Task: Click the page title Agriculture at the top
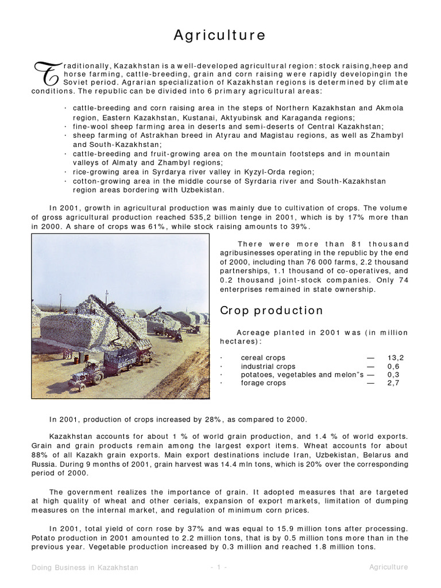point(220,36)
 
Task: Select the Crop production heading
point(272,311)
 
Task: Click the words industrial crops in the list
point(268,366)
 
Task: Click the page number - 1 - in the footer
point(220,567)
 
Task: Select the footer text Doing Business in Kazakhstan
point(85,567)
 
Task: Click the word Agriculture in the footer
point(388,567)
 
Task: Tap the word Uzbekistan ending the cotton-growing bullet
point(203,189)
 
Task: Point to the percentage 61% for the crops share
point(144,226)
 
